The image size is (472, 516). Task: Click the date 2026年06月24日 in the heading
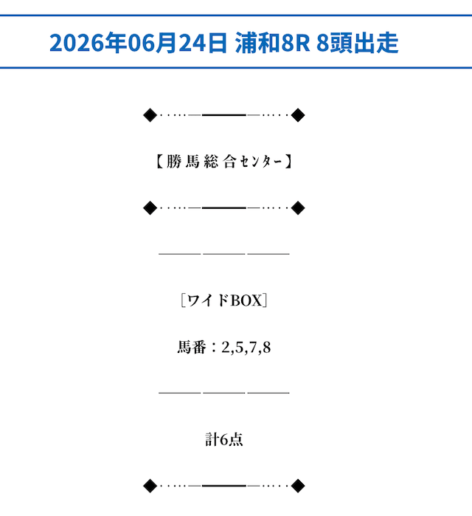click(x=139, y=43)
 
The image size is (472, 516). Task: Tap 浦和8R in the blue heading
click(x=272, y=43)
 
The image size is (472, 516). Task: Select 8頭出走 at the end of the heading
click(x=358, y=43)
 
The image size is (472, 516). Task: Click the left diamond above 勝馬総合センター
click(x=150, y=115)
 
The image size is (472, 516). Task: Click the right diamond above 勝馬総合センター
click(x=298, y=115)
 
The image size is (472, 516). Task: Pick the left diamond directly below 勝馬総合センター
click(x=150, y=208)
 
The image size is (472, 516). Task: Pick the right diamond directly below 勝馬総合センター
click(x=298, y=208)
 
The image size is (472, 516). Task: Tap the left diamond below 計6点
click(x=150, y=486)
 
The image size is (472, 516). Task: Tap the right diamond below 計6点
click(x=298, y=486)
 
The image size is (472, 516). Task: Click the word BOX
click(x=246, y=300)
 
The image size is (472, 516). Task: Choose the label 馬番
click(x=192, y=347)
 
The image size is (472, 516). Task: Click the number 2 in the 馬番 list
click(x=226, y=347)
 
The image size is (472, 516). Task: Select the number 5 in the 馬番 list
click(x=240, y=347)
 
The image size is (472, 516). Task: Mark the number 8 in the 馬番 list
click(x=267, y=347)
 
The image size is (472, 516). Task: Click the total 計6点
click(x=224, y=440)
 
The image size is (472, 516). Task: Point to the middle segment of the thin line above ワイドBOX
click(x=224, y=254)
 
